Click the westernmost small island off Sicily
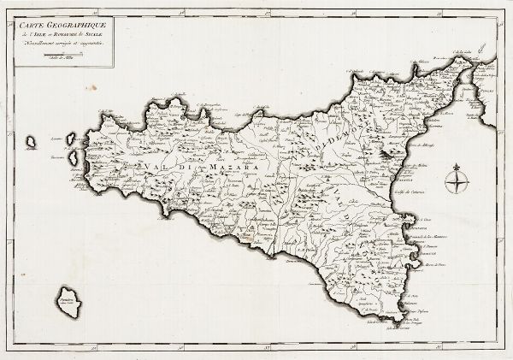pyautogui.click(x=31, y=139)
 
